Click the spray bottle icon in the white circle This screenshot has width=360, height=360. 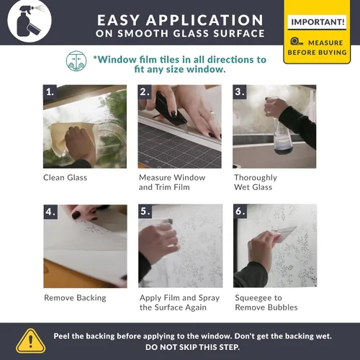click(30, 21)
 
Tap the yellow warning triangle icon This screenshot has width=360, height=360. click(30, 341)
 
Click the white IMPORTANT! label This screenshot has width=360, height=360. click(317, 22)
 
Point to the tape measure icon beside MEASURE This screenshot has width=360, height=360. click(297, 42)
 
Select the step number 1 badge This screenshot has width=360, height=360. click(50, 91)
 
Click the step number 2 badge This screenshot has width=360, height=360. click(145, 91)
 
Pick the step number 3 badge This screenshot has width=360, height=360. click(240, 91)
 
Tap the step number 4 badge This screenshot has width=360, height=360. click(50, 212)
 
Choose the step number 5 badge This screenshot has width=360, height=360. click(145, 211)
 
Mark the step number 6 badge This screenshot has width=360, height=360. click(240, 211)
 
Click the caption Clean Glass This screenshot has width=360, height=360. click(65, 178)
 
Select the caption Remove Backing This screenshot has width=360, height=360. click(75, 298)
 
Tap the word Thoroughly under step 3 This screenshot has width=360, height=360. click(256, 178)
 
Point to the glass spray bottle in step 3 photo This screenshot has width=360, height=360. click(282, 135)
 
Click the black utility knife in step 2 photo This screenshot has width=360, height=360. click(171, 111)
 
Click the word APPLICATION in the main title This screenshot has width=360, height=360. click(204, 20)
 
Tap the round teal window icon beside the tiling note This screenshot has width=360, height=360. click(76, 61)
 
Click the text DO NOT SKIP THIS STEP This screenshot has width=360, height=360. click(192, 347)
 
